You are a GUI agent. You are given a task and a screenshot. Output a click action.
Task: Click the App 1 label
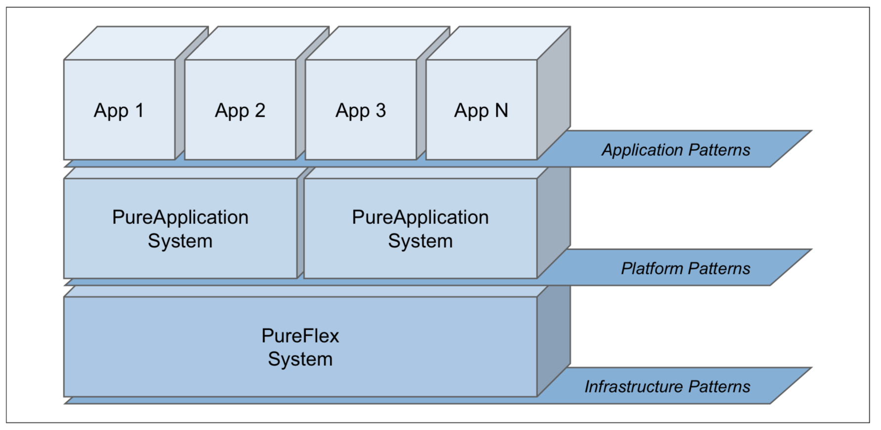(119, 111)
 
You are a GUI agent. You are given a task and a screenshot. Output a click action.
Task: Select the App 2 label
(240, 111)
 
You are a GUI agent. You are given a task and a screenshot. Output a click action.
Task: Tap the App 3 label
(360, 111)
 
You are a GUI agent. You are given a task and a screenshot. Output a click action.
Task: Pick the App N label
(481, 111)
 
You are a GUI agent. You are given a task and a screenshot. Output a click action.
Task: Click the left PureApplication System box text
(180, 229)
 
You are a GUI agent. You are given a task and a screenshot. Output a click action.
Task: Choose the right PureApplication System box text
(420, 229)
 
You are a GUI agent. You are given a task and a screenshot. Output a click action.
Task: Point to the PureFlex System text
(300, 347)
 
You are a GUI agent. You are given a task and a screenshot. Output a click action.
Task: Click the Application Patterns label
(676, 150)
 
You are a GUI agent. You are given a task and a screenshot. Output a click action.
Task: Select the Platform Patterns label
(685, 268)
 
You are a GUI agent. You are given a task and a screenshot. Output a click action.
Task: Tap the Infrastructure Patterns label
(667, 387)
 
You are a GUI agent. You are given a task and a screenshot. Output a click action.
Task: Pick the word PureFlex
(300, 336)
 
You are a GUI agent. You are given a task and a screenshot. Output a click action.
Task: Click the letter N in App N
(501, 110)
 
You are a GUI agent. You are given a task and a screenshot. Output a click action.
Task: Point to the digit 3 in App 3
(380, 110)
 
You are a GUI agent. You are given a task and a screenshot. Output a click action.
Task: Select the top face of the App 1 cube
(136, 43)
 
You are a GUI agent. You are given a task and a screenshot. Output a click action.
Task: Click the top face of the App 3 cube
(378, 43)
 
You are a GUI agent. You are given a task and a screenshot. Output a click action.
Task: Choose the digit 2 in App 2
(260, 110)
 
